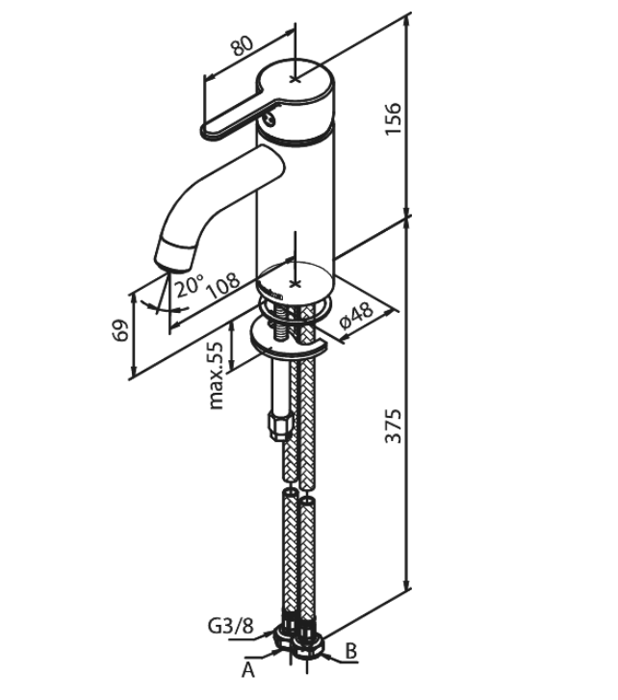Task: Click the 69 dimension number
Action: (120, 330)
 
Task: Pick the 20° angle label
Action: (189, 286)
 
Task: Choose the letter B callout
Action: (350, 651)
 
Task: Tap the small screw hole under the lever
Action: (271, 119)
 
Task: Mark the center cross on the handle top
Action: (295, 78)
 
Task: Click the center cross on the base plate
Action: (295, 275)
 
